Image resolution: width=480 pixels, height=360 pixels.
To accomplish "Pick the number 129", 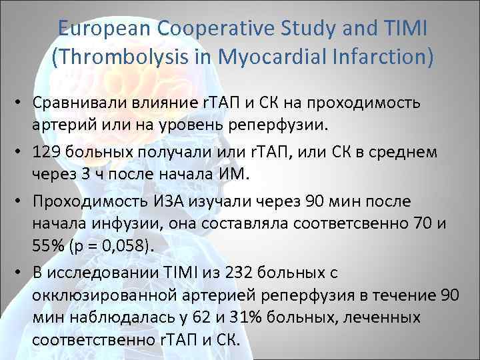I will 45,152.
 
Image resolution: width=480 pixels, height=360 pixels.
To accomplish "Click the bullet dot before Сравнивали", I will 22,103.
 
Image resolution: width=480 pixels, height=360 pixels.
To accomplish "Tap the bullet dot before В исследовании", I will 22,270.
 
